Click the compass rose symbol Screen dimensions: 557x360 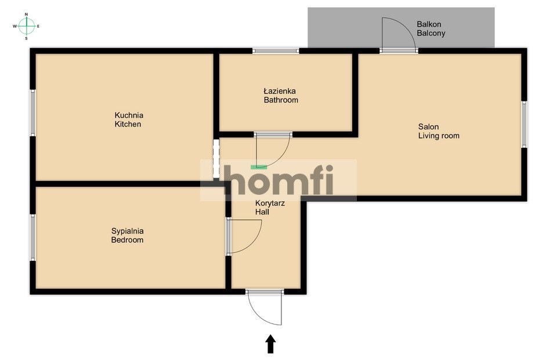tap(26, 26)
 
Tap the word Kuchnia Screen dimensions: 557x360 tap(129, 115)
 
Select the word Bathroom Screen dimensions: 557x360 tap(281, 100)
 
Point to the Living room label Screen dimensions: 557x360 tap(439, 136)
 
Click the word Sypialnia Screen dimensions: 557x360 tap(127, 231)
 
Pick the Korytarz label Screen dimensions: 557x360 tap(270, 203)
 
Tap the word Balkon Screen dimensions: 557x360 tap(429, 24)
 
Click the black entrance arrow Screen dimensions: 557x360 tap(271, 344)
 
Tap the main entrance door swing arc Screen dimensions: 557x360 tap(258, 314)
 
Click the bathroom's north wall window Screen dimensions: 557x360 tap(276, 51)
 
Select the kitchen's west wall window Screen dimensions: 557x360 tap(32, 112)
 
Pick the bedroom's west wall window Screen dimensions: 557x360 tap(32, 237)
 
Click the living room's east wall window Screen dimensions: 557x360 tap(524, 124)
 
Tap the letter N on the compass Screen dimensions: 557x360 tap(26, 14)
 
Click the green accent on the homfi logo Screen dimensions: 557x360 tap(259, 166)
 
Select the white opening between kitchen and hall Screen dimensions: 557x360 tap(216, 158)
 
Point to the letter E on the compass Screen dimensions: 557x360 tap(38, 26)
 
